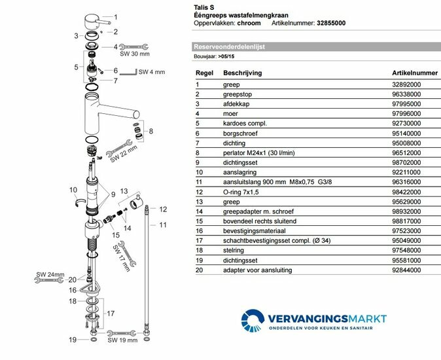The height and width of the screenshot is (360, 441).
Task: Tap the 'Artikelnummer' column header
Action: [414, 73]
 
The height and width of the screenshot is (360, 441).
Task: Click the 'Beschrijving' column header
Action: [243, 73]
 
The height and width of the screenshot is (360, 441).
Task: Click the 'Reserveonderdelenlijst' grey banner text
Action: [227, 47]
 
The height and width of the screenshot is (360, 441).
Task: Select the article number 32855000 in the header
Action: [331, 23]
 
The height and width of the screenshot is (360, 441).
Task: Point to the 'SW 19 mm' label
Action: [124, 340]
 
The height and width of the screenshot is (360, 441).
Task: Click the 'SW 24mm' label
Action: [46, 274]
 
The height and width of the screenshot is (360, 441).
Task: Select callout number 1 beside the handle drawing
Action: [116, 18]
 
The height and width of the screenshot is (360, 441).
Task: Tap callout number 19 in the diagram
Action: [74, 340]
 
